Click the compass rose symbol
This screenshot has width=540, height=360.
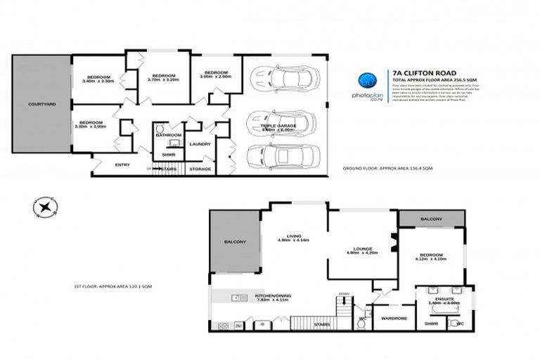[44, 207]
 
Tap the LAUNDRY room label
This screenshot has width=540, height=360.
[200, 144]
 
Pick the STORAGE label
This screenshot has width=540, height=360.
[200, 169]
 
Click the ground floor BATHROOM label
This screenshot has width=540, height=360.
[169, 134]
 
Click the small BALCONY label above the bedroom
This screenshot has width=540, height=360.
[431, 219]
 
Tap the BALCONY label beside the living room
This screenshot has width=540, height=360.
[236, 242]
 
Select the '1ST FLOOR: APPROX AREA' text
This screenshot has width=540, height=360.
[113, 287]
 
